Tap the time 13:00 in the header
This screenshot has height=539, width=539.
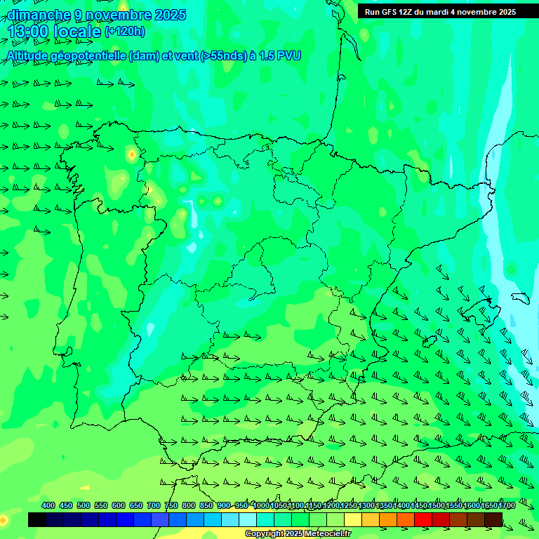[27, 32]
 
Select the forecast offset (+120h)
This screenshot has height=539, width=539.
[125, 31]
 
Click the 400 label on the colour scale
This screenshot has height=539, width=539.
[48, 505]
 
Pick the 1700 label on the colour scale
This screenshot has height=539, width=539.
[487, 505]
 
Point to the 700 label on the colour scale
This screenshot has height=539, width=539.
[153, 505]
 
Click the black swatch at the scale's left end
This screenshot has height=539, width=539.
[37, 519]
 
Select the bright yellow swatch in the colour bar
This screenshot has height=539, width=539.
[353, 519]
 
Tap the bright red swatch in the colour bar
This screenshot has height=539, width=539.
[423, 519]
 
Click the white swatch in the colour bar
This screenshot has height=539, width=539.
[248, 519]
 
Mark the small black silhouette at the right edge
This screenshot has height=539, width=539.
[524, 298]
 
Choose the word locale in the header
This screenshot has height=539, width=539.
[77, 32]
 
